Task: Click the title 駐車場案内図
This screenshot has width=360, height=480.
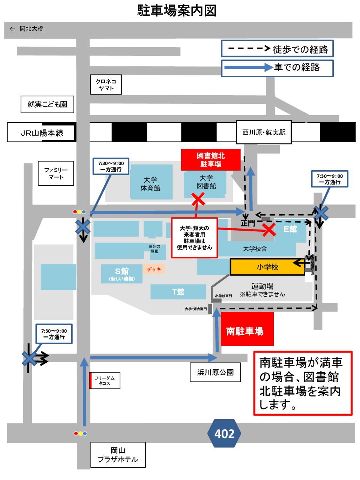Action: (177, 11)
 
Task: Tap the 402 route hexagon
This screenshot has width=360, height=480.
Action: (224, 433)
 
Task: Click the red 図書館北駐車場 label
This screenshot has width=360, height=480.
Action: (211, 160)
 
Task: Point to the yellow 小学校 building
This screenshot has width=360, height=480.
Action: (267, 267)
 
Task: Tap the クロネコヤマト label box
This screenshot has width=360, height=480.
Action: (106, 85)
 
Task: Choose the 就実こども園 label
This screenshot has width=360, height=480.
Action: (47, 104)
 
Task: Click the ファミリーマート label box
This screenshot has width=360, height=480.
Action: (56, 173)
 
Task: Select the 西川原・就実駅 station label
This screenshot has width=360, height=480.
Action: (264, 132)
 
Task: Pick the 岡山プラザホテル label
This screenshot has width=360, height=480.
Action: (118, 455)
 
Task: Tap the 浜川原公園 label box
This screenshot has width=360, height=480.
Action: (215, 372)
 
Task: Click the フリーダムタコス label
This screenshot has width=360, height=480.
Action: (105, 381)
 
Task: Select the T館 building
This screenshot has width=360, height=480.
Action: (178, 292)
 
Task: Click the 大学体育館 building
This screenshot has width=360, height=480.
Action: (151, 184)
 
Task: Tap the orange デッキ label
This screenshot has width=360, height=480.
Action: (154, 269)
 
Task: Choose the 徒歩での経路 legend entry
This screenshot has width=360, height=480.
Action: (277, 49)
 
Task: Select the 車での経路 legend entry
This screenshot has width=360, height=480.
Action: (277, 68)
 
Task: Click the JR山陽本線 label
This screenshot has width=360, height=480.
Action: (42, 133)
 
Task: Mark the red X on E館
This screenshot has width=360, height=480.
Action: (269, 229)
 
